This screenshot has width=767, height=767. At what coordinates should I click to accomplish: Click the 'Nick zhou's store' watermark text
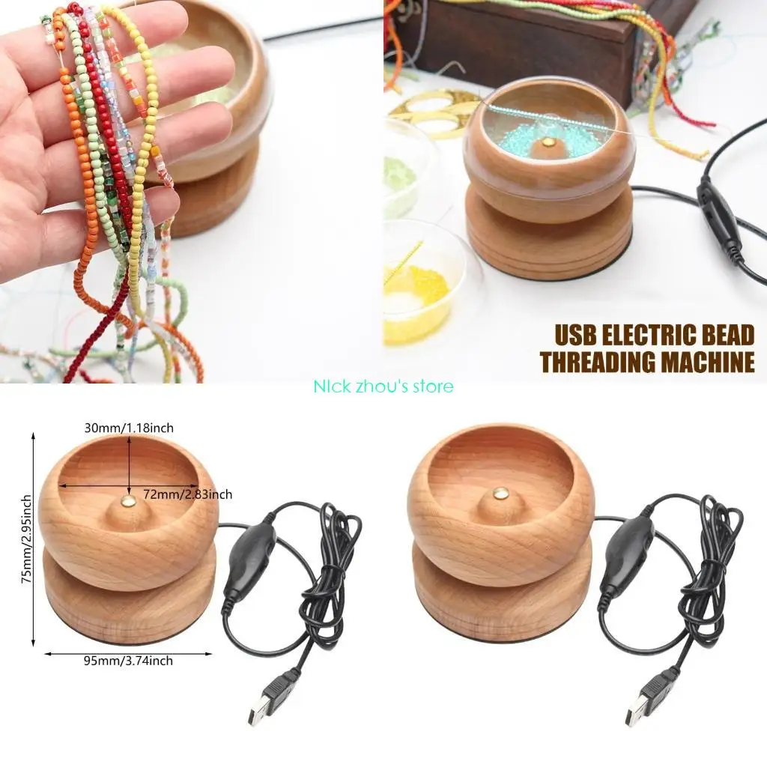click(x=383, y=386)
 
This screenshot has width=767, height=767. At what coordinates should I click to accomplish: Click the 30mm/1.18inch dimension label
click(x=128, y=428)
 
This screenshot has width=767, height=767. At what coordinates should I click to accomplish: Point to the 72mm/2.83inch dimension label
click(x=187, y=494)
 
